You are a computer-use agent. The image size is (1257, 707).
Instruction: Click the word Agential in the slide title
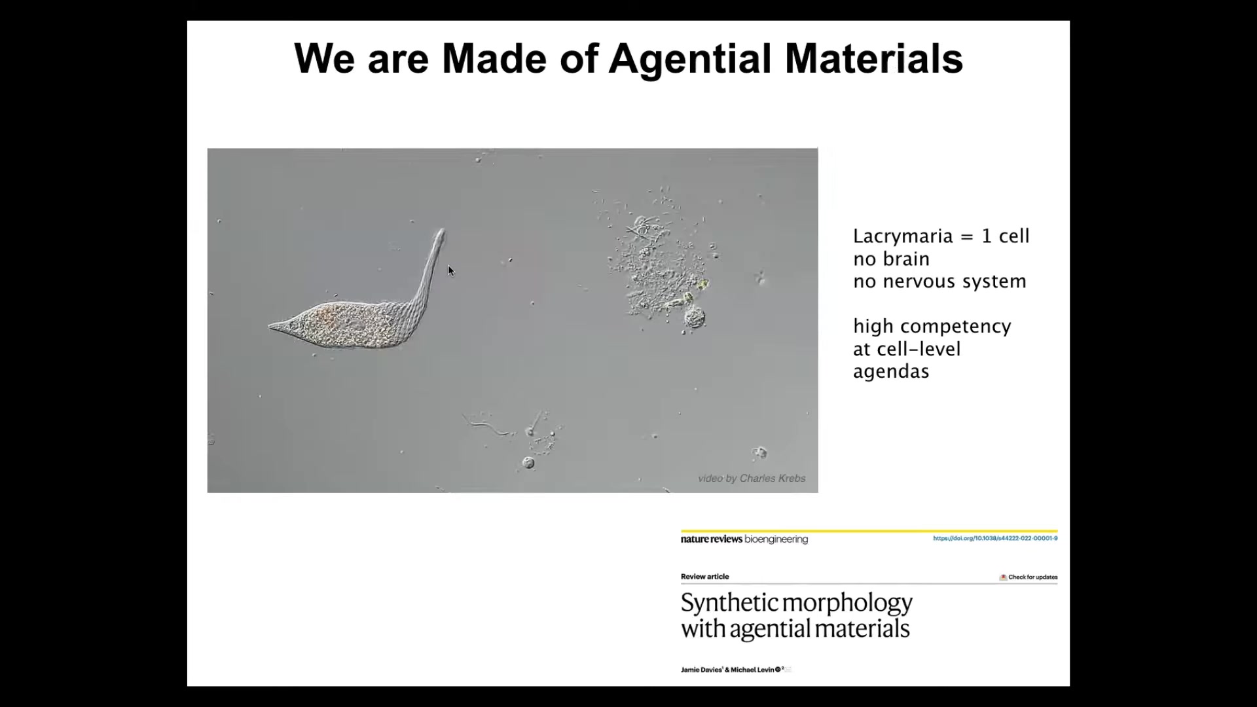click(690, 59)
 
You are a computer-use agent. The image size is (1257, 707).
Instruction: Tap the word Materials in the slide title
click(874, 58)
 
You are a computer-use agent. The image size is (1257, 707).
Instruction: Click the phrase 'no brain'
click(891, 259)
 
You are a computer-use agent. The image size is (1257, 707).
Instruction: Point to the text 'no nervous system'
click(939, 281)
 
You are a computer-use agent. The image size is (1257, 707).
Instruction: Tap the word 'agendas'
click(891, 372)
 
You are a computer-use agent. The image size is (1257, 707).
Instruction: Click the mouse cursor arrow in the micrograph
click(451, 270)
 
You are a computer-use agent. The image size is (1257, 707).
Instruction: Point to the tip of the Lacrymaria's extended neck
click(442, 231)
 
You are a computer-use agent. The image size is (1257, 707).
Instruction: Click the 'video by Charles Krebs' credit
click(752, 479)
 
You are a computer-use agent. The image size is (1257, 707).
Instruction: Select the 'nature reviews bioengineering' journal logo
click(744, 539)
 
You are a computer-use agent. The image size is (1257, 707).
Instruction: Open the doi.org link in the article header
click(995, 538)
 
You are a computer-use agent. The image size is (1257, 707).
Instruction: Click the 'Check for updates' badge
click(1029, 577)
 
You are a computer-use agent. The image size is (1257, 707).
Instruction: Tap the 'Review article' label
click(704, 577)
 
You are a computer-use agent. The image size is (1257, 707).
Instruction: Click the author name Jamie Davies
click(701, 670)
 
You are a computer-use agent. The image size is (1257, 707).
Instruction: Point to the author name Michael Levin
click(752, 670)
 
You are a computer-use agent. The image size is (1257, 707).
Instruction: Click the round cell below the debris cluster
click(694, 319)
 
